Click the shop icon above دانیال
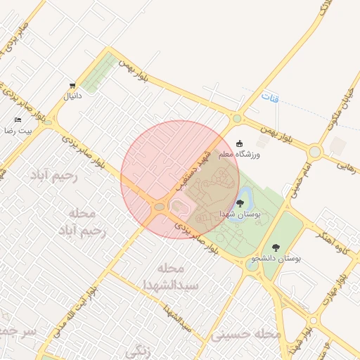(x=72, y=84)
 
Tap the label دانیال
(x=72, y=96)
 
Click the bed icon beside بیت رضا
(x=18, y=120)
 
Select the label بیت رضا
(x=15, y=131)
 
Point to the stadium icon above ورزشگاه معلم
(x=240, y=143)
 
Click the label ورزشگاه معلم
(x=239, y=154)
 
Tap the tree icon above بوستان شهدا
(x=240, y=202)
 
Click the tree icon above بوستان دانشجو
(x=275, y=247)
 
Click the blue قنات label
(x=269, y=98)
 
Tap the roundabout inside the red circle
(x=159, y=207)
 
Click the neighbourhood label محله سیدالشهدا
(x=172, y=277)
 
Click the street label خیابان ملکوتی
(x=345, y=108)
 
